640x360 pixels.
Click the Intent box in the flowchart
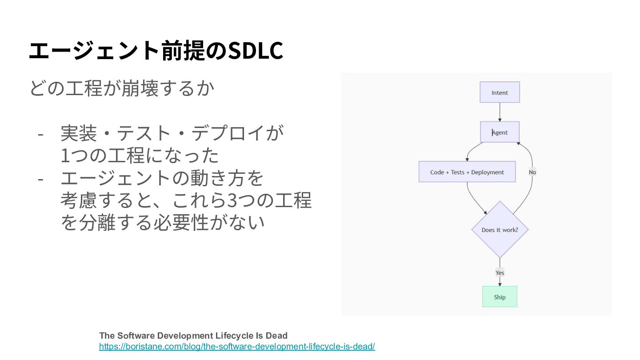(500, 92)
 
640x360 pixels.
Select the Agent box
(500, 132)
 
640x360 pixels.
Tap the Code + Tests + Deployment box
(467, 172)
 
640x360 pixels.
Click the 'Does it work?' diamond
(500, 230)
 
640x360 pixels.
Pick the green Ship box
(500, 297)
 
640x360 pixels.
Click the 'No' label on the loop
(532, 172)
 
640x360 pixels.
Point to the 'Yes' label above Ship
(500, 272)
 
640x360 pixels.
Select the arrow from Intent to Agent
(500, 112)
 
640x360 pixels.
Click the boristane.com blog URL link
(237, 346)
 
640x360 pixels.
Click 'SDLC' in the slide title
(255, 50)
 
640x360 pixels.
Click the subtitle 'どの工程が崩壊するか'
(122, 88)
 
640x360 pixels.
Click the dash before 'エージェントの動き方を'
(40, 179)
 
